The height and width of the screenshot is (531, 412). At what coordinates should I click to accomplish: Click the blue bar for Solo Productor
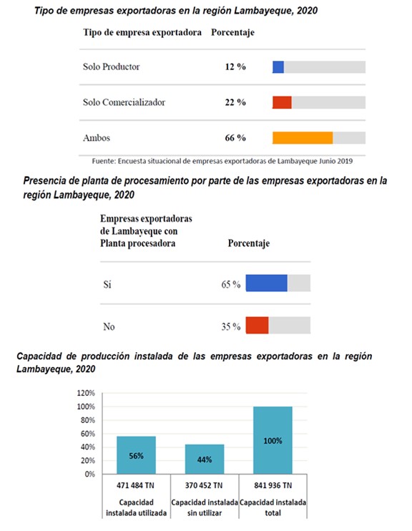278,67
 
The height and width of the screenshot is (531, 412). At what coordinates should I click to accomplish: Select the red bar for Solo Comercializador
282,102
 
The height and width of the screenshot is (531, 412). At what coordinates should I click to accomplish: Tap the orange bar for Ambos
303,138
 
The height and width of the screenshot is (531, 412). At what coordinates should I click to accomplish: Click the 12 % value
235,67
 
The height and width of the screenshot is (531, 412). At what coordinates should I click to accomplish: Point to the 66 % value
235,138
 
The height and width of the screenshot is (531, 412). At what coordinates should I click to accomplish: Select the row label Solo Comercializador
124,102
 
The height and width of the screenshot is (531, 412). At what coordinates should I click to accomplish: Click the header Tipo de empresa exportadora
142,32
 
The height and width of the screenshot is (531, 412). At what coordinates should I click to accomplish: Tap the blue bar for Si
266,283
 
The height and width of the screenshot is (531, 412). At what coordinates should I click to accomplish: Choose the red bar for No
257,325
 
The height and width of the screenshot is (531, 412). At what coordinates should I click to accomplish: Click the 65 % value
231,284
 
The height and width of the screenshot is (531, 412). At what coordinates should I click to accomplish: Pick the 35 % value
231,326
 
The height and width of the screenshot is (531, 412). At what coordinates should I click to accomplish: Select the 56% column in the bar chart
136,455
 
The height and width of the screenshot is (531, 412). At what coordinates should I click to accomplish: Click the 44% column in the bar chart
205,459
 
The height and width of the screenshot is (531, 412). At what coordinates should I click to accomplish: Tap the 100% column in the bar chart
273,440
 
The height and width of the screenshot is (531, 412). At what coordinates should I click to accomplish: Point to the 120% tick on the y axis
86,393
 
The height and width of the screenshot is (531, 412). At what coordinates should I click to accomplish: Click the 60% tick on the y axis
88,434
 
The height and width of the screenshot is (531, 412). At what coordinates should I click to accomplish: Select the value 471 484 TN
135,486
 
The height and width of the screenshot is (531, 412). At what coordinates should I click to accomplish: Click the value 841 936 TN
273,486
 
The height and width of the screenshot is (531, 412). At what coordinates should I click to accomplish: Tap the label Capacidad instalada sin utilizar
205,507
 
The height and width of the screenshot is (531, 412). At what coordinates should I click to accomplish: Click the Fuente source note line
222,161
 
